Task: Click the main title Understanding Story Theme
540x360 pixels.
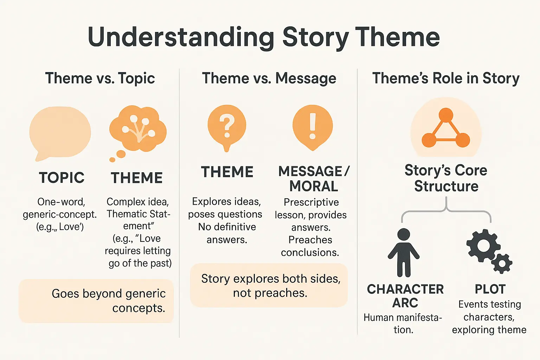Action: click(x=264, y=37)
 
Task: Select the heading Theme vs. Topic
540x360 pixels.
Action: click(x=100, y=78)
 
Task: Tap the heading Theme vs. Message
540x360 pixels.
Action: click(x=269, y=78)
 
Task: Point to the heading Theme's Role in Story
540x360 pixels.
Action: click(x=446, y=78)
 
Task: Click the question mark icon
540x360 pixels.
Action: click(x=227, y=126)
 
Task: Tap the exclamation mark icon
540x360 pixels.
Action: click(x=312, y=126)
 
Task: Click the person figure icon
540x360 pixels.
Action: click(x=404, y=252)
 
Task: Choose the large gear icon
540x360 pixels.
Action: click(x=483, y=246)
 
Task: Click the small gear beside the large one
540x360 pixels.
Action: click(x=502, y=263)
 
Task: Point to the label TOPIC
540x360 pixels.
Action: click(x=62, y=178)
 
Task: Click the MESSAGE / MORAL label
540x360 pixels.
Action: click(x=314, y=179)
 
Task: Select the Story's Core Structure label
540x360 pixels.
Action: click(x=446, y=178)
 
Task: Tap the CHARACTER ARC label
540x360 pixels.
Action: click(x=405, y=296)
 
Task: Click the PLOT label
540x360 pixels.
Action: click(x=490, y=289)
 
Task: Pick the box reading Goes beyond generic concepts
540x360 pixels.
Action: click(x=96, y=301)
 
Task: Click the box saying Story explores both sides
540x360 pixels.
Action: click(x=269, y=285)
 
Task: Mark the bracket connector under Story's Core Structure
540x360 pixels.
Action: click(x=446, y=210)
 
